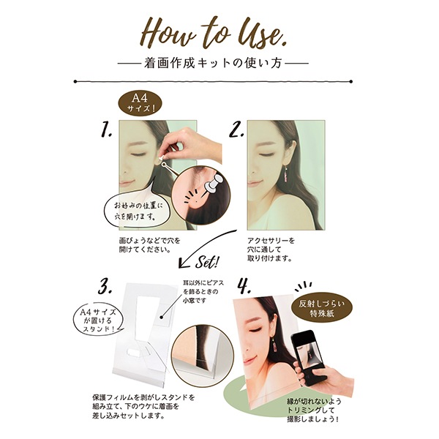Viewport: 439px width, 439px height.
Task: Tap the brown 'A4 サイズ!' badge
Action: click(x=140, y=103)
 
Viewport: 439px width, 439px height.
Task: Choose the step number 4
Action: click(x=244, y=286)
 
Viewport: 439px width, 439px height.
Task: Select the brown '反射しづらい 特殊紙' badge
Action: click(x=322, y=309)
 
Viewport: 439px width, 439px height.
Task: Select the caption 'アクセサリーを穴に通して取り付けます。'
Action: click(x=271, y=249)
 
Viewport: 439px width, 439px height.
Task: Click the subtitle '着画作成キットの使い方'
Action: click(x=213, y=63)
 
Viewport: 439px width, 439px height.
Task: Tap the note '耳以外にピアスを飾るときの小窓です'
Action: click(x=203, y=291)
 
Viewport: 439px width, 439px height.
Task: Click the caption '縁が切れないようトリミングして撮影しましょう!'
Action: click(x=314, y=410)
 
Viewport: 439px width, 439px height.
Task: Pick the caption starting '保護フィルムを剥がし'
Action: click(x=143, y=406)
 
